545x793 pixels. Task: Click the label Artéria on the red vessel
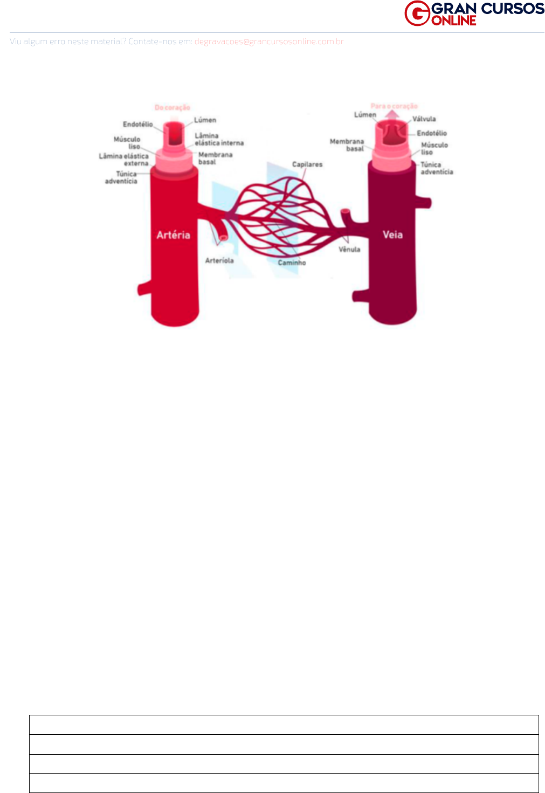(x=173, y=235)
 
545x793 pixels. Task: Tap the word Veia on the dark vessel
(x=392, y=235)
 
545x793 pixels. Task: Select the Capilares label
(x=307, y=164)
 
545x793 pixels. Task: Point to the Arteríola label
(x=219, y=261)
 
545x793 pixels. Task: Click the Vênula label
(x=349, y=250)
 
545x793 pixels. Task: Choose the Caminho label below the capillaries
(x=292, y=263)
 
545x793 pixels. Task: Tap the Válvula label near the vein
(x=424, y=119)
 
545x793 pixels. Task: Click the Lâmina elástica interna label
(x=219, y=140)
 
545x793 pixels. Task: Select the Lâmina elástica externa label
(x=124, y=160)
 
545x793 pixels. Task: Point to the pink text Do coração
(x=173, y=108)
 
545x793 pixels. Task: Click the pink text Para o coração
(x=394, y=106)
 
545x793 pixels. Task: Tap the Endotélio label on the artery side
(x=137, y=125)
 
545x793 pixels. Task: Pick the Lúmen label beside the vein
(x=365, y=115)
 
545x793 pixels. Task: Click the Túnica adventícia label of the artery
(x=121, y=178)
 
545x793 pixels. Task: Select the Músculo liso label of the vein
(x=434, y=149)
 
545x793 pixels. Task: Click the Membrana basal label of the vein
(x=347, y=145)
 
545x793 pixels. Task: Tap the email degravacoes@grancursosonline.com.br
(x=269, y=42)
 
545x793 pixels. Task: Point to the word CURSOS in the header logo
(x=513, y=9)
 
